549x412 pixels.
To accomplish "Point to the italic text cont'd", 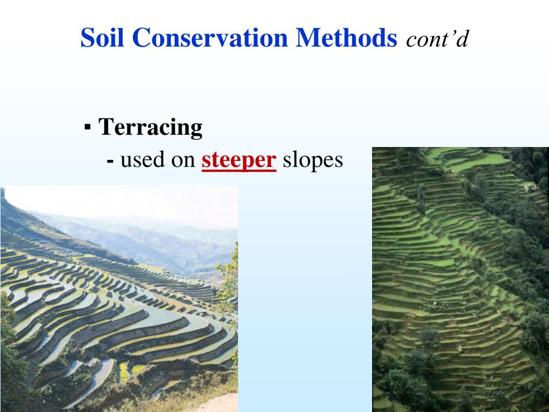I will (437, 39).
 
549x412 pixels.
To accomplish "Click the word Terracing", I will (151, 128).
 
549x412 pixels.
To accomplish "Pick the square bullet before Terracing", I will (87, 128).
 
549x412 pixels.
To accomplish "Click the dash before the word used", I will (110, 160).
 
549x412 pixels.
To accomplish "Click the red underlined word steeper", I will (239, 160).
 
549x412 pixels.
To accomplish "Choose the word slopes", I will (313, 160).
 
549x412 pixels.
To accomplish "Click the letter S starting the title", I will (87, 38).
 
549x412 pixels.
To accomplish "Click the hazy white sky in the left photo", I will (134, 201).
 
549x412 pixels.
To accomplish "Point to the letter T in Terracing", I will (106, 128).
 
